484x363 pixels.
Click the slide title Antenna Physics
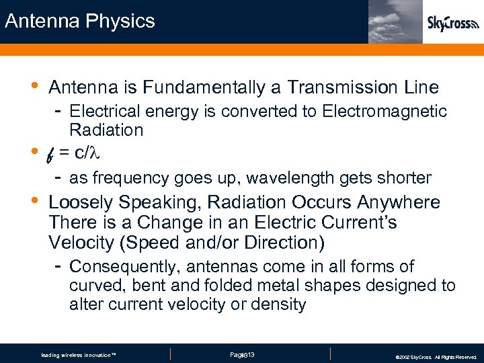coord(79,21)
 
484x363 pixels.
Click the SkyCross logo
coord(452,24)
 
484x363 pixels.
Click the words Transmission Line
coord(363,87)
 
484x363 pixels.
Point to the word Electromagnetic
coord(385,111)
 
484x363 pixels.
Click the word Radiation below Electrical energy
coord(106,130)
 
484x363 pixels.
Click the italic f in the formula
coord(51,155)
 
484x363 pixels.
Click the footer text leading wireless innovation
coord(79,355)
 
